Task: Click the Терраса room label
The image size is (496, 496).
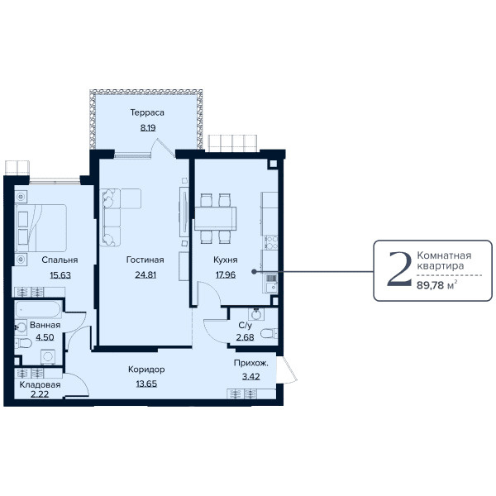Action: tap(147, 112)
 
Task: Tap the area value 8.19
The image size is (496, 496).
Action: tap(148, 128)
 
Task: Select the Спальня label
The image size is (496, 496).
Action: tap(60, 260)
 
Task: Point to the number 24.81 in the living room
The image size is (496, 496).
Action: tap(145, 274)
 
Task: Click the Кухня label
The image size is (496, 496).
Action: tap(225, 260)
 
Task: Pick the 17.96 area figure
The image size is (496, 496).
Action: tap(226, 274)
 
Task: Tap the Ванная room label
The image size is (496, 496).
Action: tap(45, 325)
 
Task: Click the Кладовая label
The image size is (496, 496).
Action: tap(40, 384)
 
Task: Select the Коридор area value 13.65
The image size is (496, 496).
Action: tap(146, 384)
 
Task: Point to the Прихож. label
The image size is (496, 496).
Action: tap(250, 363)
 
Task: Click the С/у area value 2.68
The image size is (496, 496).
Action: tap(245, 337)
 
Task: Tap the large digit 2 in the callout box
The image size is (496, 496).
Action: tap(400, 269)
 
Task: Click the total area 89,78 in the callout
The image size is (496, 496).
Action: tap(430, 286)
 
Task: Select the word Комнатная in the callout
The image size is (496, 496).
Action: tap(444, 255)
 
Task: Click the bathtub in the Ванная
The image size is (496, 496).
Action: tap(38, 309)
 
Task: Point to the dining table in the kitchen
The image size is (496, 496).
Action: tap(216, 218)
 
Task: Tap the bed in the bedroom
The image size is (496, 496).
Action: tap(41, 228)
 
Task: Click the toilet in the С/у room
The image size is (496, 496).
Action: tap(269, 333)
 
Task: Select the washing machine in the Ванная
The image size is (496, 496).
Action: tap(48, 357)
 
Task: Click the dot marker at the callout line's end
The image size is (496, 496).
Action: tap(254, 271)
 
